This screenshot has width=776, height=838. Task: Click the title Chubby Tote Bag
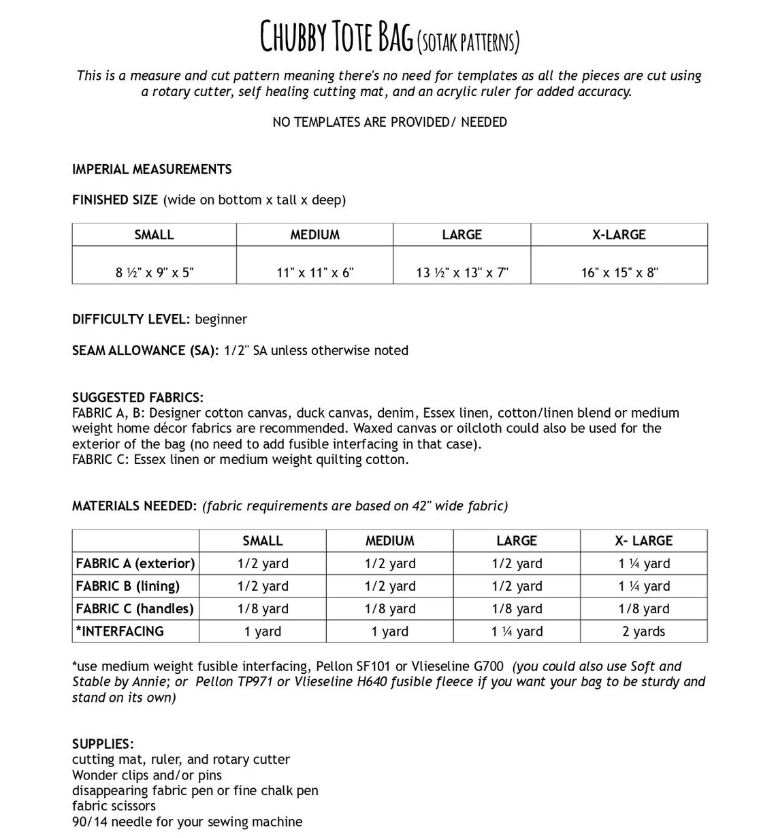[x=337, y=37]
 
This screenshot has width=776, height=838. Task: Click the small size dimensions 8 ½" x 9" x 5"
[x=155, y=273]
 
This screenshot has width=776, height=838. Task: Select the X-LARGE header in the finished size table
[x=619, y=234]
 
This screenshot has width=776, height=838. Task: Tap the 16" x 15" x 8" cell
[x=619, y=273]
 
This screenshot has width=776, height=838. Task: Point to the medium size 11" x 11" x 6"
[x=315, y=273]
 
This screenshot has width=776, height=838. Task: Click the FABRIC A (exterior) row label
[x=135, y=563]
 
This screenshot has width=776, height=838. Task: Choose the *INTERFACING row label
[x=120, y=631]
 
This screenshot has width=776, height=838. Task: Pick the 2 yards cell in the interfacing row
[x=643, y=632]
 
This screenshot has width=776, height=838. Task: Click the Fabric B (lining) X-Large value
[x=643, y=586]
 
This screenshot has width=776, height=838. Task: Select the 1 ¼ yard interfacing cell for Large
[x=517, y=632]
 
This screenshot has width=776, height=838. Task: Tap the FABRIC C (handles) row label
[x=135, y=608]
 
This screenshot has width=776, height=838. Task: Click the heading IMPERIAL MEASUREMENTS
[x=152, y=169]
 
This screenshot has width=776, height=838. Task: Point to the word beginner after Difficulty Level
[x=221, y=319]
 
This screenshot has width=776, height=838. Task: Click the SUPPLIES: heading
[x=103, y=743]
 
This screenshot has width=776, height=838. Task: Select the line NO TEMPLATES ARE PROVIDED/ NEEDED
[x=389, y=122]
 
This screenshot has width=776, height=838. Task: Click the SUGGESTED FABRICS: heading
[x=138, y=397]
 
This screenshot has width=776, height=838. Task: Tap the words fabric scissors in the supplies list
[x=114, y=806]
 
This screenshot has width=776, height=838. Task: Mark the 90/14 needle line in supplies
[x=187, y=822]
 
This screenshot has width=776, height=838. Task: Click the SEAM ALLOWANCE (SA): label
[x=146, y=350]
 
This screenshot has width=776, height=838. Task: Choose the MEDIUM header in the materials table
[x=389, y=541]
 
